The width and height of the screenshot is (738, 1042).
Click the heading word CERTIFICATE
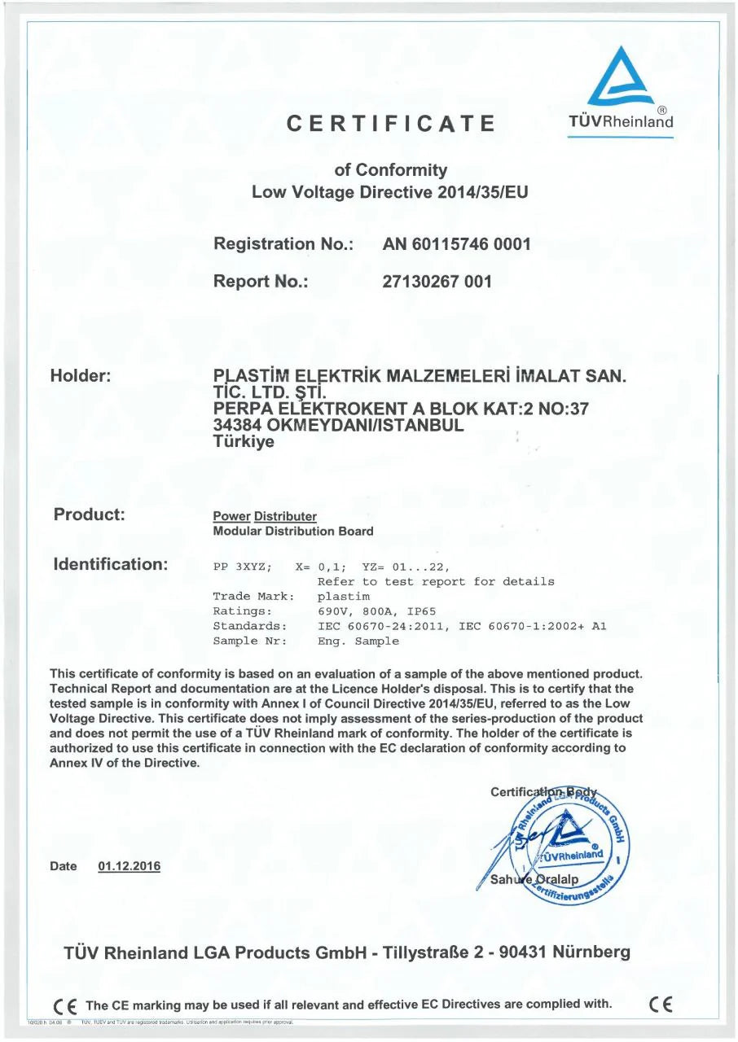tap(392, 124)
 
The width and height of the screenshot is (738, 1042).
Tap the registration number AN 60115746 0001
tap(456, 243)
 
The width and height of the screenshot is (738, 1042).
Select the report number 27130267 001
tap(437, 282)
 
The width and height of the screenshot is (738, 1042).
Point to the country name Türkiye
tap(244, 443)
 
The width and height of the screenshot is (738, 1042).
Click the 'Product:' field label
tap(89, 514)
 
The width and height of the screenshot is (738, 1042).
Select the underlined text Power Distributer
tap(264, 517)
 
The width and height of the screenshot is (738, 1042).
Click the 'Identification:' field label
tap(110, 563)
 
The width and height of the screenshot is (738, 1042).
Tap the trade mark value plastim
tap(341, 596)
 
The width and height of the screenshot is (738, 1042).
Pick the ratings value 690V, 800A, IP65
tap(375, 611)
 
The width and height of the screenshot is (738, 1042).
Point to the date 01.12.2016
tap(129, 867)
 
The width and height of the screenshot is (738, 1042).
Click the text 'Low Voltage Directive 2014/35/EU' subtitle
tap(390, 192)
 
